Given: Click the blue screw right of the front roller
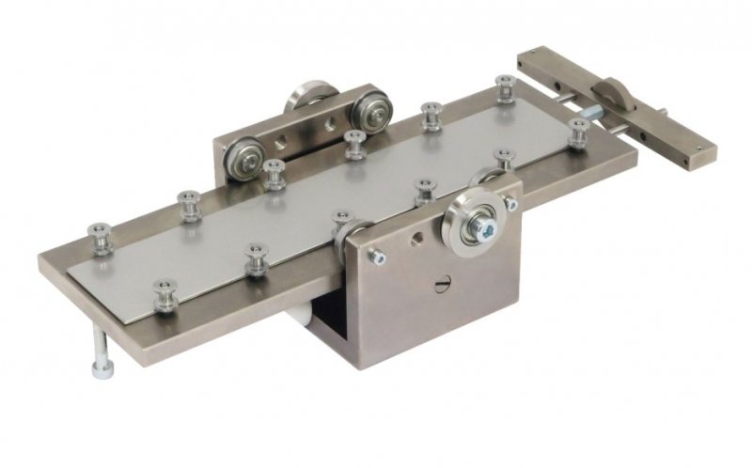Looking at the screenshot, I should [x=511, y=201].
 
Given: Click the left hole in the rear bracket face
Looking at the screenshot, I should [x=279, y=144].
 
